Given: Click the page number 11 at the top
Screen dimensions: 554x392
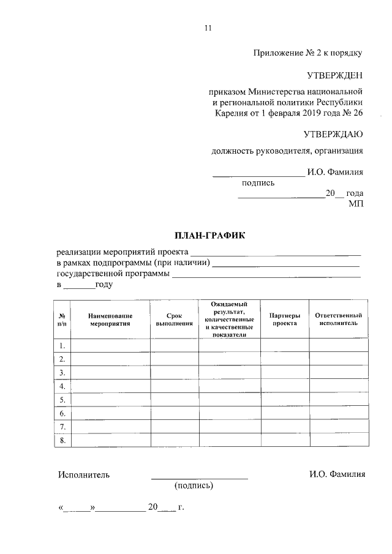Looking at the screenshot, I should click(x=207, y=28).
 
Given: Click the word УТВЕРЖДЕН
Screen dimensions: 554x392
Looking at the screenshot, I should click(x=334, y=75).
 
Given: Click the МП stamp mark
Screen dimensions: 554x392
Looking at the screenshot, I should click(x=356, y=204).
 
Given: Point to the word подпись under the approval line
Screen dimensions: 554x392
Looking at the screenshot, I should click(x=258, y=182).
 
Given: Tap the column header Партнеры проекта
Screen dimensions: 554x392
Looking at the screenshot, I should click(x=285, y=319).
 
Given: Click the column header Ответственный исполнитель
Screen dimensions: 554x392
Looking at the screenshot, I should click(x=338, y=319).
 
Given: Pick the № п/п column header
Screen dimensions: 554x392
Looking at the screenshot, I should click(x=62, y=319).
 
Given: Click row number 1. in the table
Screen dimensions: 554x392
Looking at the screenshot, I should click(x=62, y=345).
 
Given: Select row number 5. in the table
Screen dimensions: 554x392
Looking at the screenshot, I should click(x=62, y=400).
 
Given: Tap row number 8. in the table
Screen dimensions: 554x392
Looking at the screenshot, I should click(x=62, y=440).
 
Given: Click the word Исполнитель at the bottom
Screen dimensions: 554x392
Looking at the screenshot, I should click(x=84, y=474).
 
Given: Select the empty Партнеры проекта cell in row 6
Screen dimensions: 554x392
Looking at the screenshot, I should click(x=285, y=413).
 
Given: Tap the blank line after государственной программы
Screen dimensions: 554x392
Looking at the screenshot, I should click(x=266, y=275).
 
